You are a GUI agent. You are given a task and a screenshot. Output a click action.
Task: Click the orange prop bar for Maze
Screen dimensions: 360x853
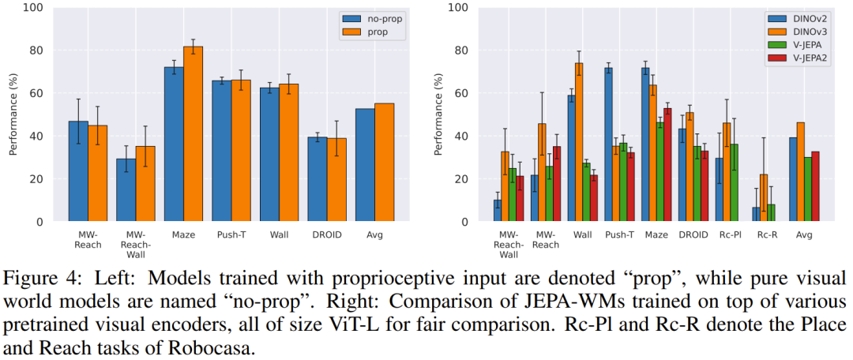193,134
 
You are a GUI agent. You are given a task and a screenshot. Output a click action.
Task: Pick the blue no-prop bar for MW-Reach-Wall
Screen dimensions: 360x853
126,190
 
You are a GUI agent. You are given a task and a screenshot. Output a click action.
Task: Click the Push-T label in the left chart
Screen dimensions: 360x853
231,234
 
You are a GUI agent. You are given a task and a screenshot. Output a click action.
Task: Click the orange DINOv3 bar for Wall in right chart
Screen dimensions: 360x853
579,142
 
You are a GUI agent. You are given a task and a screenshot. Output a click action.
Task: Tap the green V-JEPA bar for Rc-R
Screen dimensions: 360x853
771,213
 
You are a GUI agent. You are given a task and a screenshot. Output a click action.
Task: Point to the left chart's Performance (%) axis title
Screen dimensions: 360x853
13,115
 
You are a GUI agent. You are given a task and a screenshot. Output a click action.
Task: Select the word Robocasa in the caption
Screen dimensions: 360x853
216,347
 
